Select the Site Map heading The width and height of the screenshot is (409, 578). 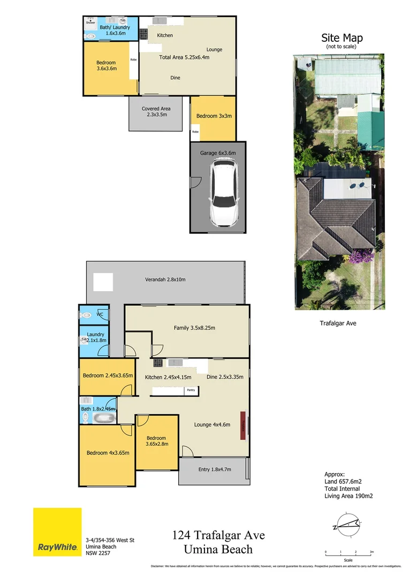click(x=342, y=38)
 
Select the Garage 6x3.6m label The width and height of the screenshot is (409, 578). click(x=217, y=153)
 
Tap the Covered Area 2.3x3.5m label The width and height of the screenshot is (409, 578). click(x=156, y=111)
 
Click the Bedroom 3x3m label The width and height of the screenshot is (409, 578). click(x=214, y=116)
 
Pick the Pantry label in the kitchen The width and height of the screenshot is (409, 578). click(x=191, y=391)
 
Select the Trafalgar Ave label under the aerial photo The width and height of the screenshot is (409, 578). click(x=338, y=323)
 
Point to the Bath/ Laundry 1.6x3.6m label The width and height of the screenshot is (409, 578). click(x=111, y=30)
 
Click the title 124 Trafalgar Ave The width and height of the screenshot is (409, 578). click(x=218, y=535)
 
